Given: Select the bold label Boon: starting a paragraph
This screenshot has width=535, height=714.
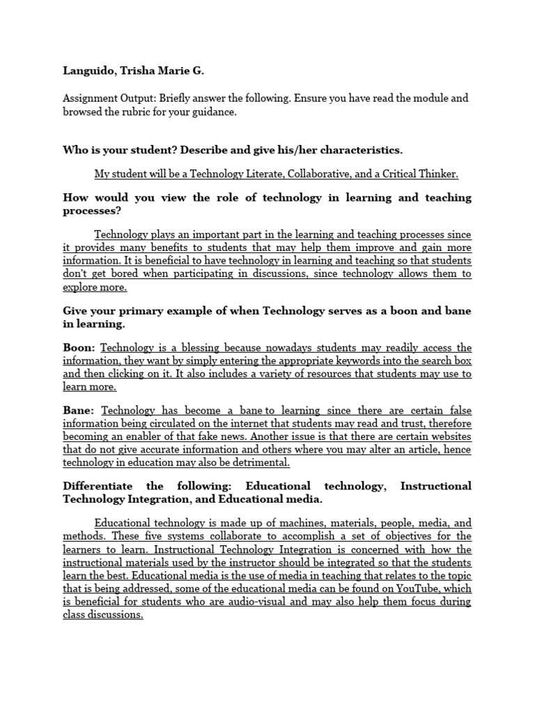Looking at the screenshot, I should point(80,348).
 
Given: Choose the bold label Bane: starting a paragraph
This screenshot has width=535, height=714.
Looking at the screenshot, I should point(79,411).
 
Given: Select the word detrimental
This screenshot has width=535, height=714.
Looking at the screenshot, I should point(259,463).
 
